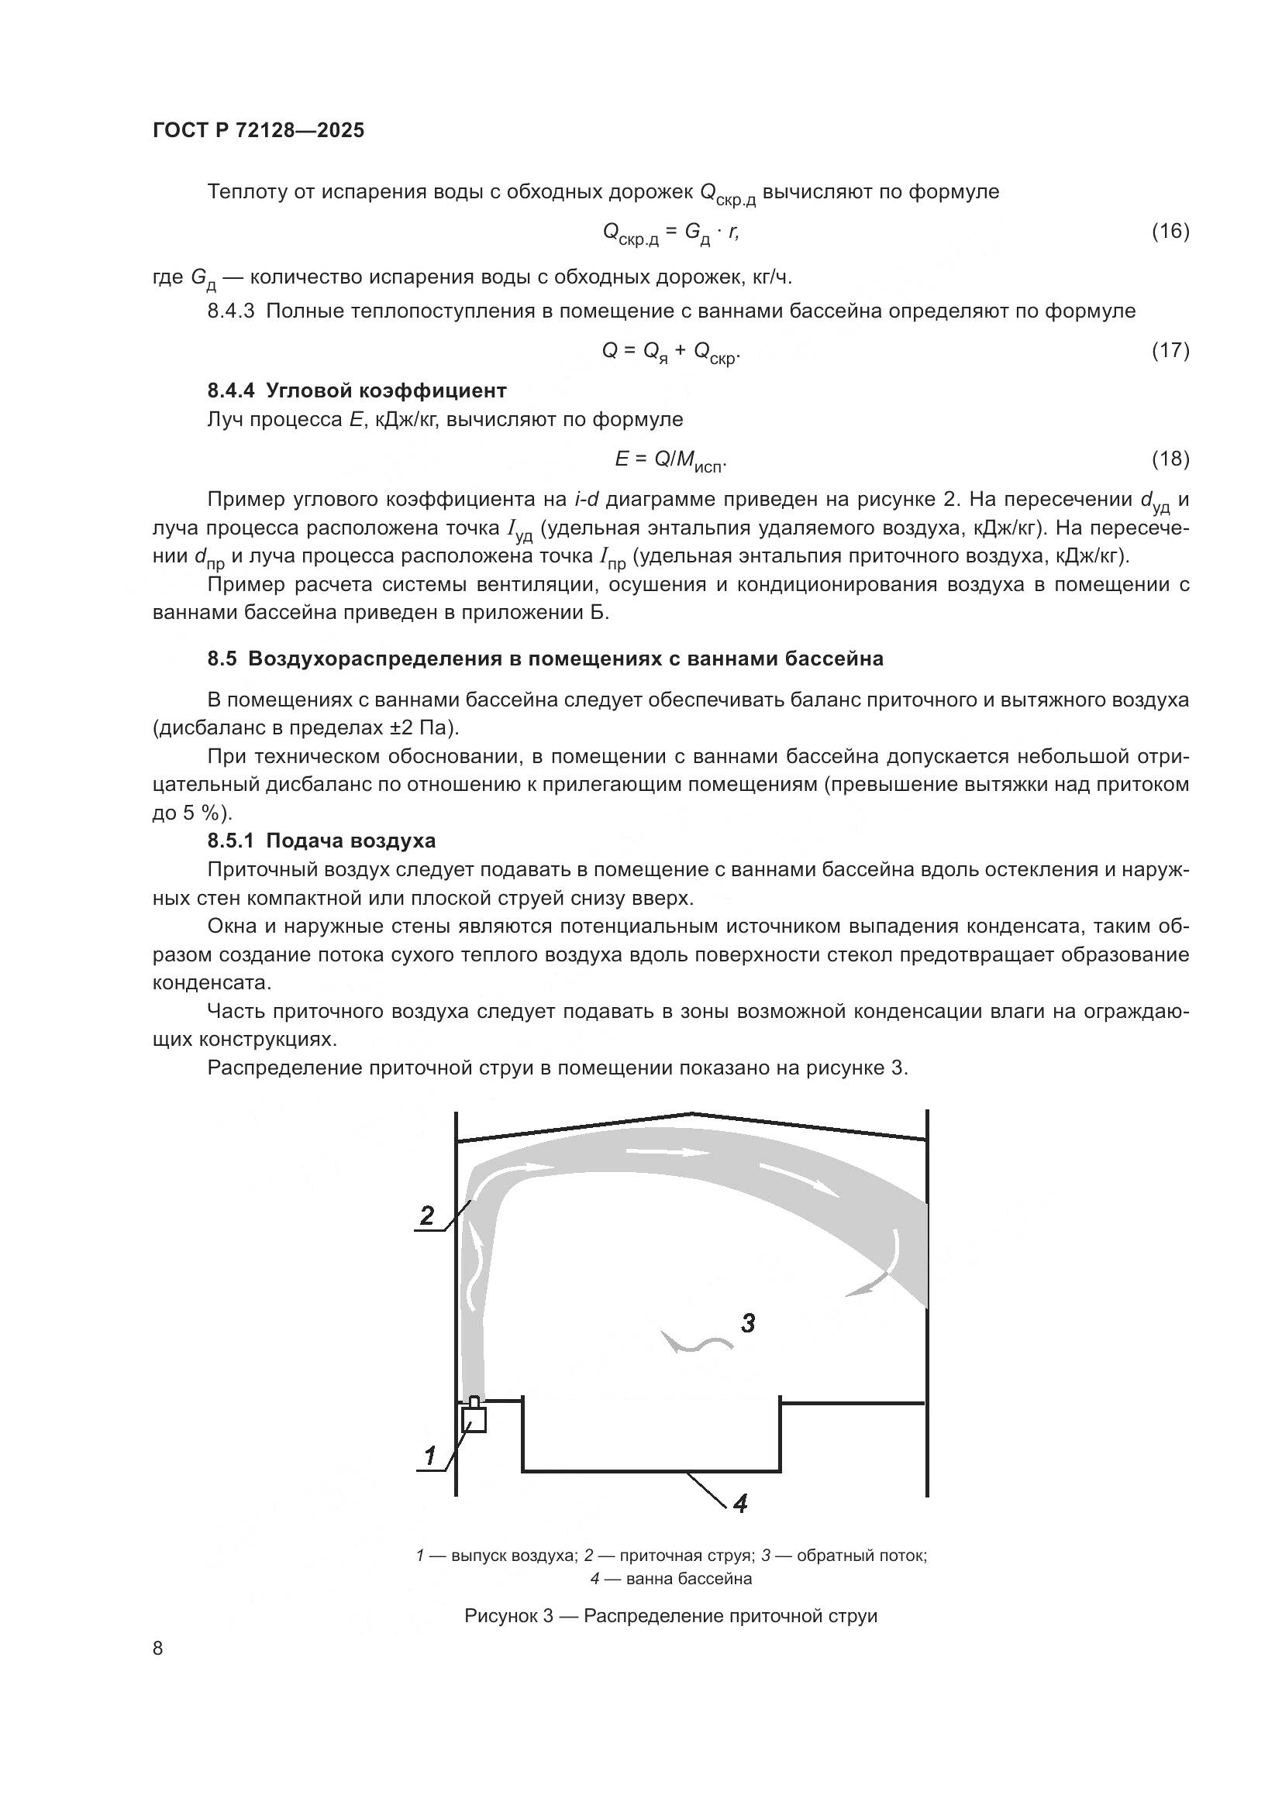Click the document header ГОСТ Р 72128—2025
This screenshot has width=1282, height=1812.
[x=258, y=130]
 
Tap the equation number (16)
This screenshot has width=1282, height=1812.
[x=1170, y=231]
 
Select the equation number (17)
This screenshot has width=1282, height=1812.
[x=1170, y=350]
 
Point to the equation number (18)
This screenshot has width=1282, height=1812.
[x=1170, y=459]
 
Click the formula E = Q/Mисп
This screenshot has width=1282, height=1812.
[x=670, y=460]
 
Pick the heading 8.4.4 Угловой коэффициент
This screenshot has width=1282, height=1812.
[x=357, y=390]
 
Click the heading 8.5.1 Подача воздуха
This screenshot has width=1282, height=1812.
[x=322, y=841]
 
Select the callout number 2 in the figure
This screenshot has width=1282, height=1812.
[x=427, y=1215]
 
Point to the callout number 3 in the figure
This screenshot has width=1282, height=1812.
[x=747, y=1322]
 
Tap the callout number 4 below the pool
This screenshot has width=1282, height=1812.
[x=739, y=1504]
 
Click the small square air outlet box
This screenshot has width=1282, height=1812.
[x=474, y=1421]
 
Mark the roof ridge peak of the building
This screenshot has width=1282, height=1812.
[x=691, y=1114]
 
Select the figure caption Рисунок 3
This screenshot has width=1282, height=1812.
[x=670, y=1615]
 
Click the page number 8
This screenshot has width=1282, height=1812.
[x=158, y=1649]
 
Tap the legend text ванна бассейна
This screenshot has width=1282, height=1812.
[x=688, y=1579]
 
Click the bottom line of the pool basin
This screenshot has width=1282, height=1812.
[x=651, y=1471]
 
